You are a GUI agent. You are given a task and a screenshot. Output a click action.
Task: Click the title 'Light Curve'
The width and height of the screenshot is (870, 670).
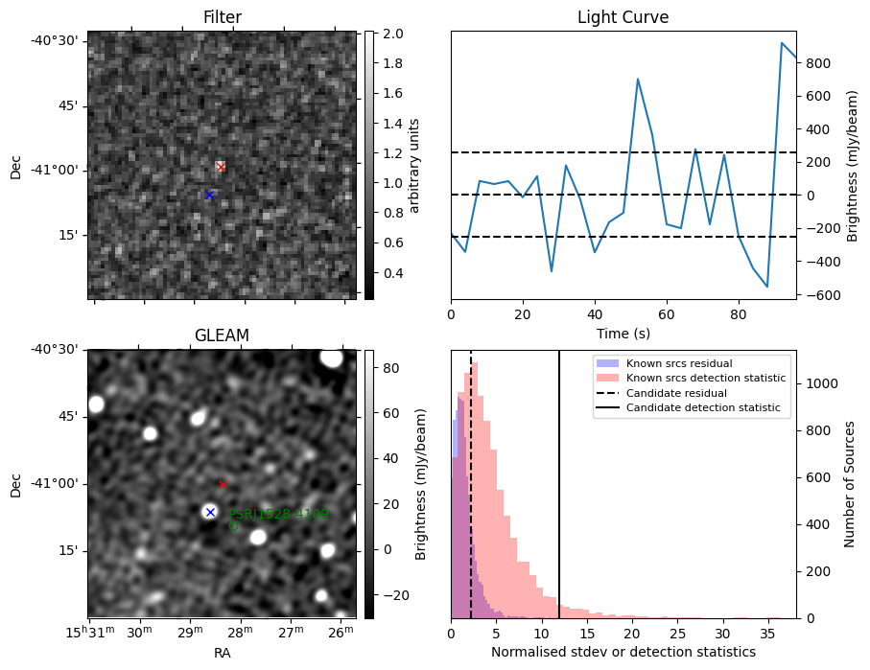click(x=623, y=17)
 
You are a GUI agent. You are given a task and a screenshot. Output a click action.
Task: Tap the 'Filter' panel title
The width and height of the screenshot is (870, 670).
click(x=222, y=17)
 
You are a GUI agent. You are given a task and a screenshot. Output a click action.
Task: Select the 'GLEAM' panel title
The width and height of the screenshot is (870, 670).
click(x=222, y=335)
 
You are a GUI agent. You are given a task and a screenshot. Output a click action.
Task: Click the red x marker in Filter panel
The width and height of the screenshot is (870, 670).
click(x=221, y=167)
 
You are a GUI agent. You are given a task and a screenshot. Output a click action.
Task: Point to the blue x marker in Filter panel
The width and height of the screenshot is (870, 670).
click(x=209, y=195)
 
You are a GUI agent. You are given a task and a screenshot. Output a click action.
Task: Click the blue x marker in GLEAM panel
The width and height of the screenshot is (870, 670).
click(x=210, y=512)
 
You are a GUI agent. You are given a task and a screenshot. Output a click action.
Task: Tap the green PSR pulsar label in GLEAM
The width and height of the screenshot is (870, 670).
click(x=278, y=515)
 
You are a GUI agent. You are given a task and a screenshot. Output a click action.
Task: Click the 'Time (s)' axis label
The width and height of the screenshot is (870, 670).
click(x=623, y=332)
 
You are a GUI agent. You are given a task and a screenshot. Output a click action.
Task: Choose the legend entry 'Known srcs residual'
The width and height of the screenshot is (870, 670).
click(x=679, y=363)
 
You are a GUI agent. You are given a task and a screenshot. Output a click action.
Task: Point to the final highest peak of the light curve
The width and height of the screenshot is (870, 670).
click(x=783, y=43)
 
